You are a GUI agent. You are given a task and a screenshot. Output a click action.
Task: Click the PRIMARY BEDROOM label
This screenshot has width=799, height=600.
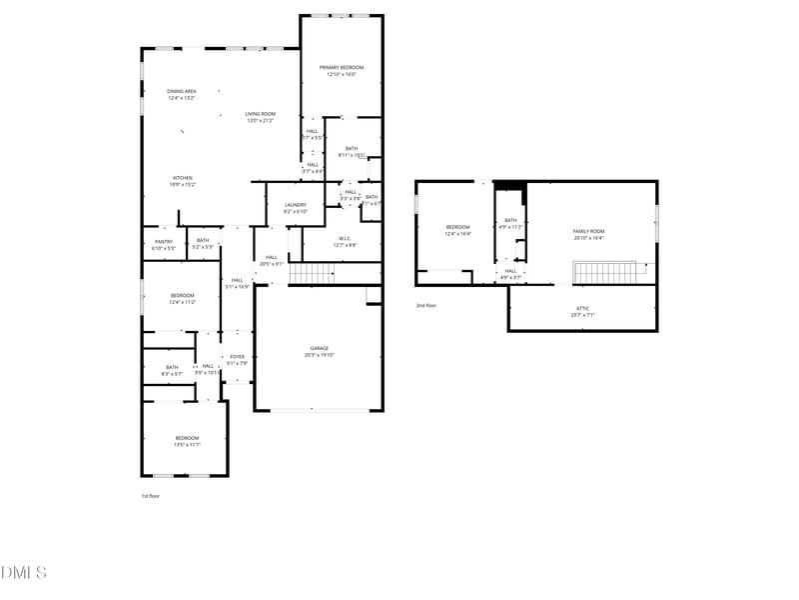pyautogui.click(x=341, y=67)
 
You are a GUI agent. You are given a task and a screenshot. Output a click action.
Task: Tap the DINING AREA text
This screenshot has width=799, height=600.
pyautogui.click(x=181, y=91)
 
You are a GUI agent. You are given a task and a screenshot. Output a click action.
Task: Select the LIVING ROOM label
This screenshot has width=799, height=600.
pyautogui.click(x=260, y=114)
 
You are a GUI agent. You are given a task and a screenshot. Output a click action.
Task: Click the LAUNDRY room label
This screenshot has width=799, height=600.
pyautogui.click(x=295, y=205)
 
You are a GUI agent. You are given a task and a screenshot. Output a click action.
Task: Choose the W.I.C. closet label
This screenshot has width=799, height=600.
pyautogui.click(x=344, y=238)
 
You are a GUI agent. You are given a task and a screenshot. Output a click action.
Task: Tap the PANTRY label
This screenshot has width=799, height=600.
pyautogui.click(x=163, y=240)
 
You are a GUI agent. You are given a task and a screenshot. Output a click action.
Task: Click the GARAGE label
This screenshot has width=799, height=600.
pyautogui.click(x=318, y=348)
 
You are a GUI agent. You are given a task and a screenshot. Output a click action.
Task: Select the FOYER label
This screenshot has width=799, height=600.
pyautogui.click(x=237, y=357)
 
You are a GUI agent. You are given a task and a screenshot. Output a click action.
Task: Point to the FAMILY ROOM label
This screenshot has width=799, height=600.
pyautogui.click(x=588, y=231)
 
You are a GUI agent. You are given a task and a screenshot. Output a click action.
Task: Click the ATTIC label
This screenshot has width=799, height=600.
pyautogui.click(x=582, y=308)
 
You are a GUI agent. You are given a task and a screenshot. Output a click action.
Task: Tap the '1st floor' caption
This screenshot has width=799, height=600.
pyautogui.click(x=150, y=496)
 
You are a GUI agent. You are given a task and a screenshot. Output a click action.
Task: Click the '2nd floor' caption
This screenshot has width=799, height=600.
pyautogui.click(x=426, y=305)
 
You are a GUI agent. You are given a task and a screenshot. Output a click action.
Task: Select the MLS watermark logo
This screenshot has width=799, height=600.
pyautogui.click(x=24, y=573)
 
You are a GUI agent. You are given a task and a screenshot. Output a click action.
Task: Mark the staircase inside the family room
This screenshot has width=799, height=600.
pyautogui.click(x=604, y=272)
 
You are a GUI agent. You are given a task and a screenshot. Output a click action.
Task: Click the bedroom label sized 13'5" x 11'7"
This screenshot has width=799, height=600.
pyautogui.click(x=187, y=438)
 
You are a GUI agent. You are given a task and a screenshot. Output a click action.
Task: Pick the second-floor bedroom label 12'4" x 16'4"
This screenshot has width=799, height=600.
pyautogui.click(x=457, y=227)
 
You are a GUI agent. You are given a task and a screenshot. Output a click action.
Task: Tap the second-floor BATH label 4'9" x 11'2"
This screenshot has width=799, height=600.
pyautogui.click(x=510, y=220)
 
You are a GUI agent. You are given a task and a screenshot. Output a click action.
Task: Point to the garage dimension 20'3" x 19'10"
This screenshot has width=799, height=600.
pyautogui.click(x=318, y=355)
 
